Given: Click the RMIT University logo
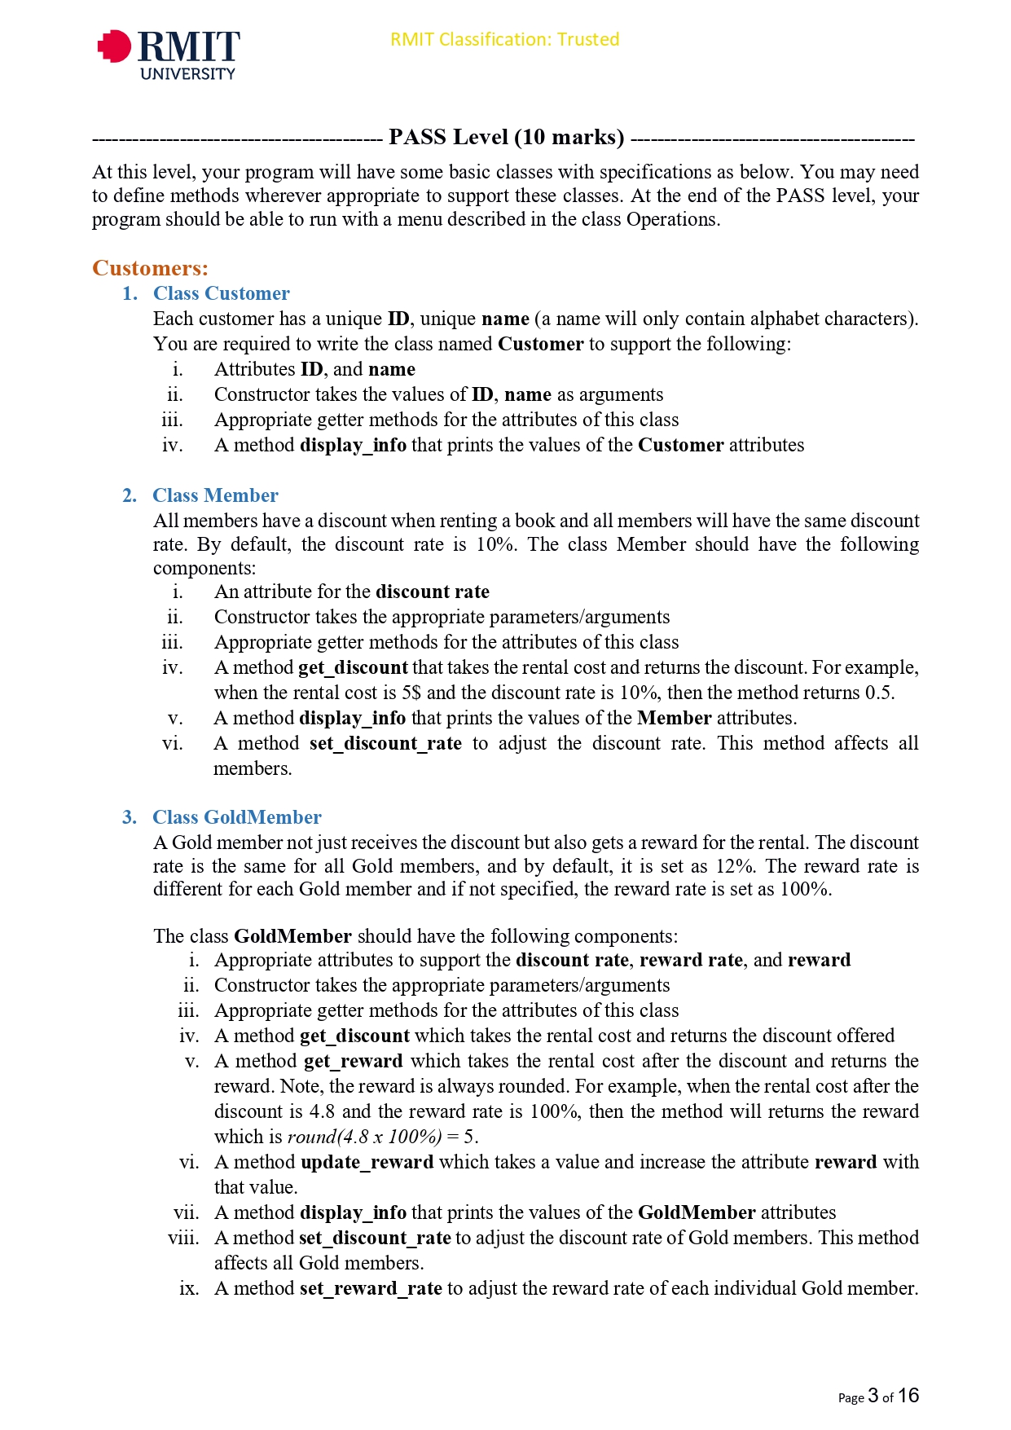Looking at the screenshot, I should coord(169,54).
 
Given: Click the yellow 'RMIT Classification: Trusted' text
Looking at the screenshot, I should coord(504,39).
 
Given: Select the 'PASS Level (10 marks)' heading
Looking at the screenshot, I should coord(506,137).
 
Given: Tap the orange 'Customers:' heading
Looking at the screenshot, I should coord(150,268).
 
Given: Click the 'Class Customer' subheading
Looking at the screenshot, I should coord(221,293).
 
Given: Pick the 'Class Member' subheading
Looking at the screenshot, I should coord(215,495).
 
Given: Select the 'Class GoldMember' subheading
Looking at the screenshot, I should coord(236,817).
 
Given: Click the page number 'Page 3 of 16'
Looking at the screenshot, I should coord(877,1397).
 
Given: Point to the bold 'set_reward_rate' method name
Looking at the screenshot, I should coord(371,1288).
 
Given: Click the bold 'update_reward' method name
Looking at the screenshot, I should coord(367,1162).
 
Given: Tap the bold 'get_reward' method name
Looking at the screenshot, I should coord(353,1061).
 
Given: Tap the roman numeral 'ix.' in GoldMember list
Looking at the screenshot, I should coord(189,1288).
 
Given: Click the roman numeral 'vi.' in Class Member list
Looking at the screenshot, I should coord(173,743).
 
